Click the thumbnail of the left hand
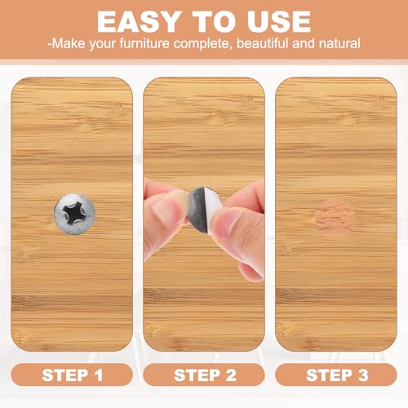tap(168, 211)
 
